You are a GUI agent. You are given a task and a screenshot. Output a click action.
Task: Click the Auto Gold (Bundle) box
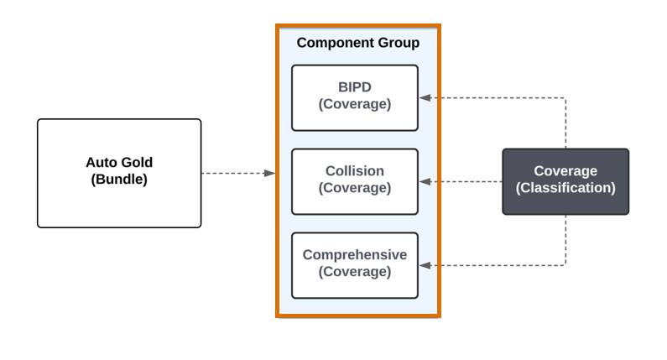click(x=119, y=173)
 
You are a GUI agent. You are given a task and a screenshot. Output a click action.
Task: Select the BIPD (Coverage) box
click(x=354, y=97)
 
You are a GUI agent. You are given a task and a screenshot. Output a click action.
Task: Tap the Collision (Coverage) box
click(x=354, y=181)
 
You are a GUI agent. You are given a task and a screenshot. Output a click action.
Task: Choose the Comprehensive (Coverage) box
click(x=354, y=265)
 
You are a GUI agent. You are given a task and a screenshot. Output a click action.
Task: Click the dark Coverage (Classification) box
click(x=565, y=181)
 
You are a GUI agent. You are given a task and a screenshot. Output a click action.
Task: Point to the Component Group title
click(x=357, y=43)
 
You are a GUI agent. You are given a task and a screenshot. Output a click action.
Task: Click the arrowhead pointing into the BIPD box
click(x=425, y=97)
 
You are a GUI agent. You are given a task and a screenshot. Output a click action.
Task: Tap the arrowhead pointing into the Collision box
click(x=425, y=181)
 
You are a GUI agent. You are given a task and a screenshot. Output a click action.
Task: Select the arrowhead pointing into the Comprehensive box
click(x=425, y=265)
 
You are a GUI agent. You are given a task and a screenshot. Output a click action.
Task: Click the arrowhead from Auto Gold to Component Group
click(x=269, y=173)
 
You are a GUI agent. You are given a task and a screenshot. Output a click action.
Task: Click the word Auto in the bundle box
click(x=102, y=163)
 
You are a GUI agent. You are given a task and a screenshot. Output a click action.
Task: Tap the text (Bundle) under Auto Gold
click(x=119, y=180)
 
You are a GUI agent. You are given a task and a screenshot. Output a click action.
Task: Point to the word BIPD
click(x=354, y=87)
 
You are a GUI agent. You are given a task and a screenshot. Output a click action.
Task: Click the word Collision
click(x=354, y=171)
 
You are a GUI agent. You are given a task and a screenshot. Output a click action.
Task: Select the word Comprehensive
click(x=354, y=255)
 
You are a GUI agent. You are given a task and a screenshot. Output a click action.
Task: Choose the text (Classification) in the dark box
click(x=565, y=189)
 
